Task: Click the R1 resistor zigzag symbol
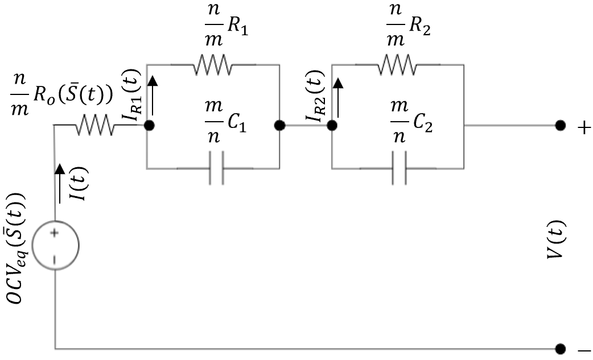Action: tap(213, 64)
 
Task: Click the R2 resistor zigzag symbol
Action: tap(397, 64)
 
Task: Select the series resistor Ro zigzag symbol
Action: tap(94, 126)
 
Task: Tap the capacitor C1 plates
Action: tap(216, 168)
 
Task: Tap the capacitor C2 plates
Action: tap(400, 168)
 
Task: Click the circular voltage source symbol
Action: tap(55, 245)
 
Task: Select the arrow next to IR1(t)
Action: tap(152, 97)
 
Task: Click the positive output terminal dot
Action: tap(561, 126)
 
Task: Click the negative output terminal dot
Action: tap(561, 347)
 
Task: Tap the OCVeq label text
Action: tap(21, 251)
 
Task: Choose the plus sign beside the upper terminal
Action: tap(583, 127)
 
